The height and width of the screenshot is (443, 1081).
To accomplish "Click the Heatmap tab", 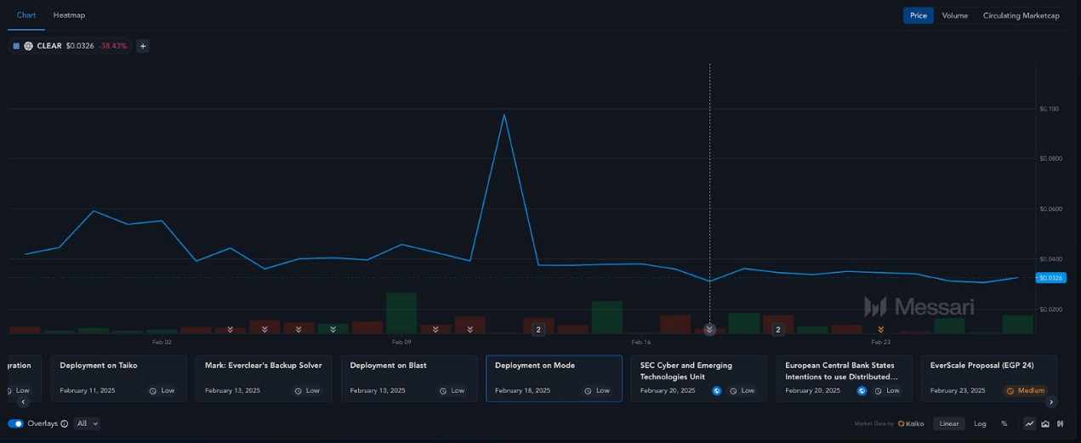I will coord(69,15).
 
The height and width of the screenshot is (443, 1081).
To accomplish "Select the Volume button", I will coord(954,15).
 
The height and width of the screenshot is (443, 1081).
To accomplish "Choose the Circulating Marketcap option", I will coord(1021,15).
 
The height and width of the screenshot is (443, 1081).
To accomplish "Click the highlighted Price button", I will coord(918,15).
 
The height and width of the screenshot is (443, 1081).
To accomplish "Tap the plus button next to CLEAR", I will coord(143,46).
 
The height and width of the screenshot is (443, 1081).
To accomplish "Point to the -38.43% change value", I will coord(112,46).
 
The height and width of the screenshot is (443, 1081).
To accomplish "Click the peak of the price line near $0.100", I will coord(504,114).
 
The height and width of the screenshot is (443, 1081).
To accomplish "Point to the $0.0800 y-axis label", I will coord(1050,158).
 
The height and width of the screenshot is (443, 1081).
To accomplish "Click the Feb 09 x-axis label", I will coord(401,342).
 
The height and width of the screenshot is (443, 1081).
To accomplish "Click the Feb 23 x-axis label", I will coord(880,342).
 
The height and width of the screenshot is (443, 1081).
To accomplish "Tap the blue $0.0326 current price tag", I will coord(1051,278).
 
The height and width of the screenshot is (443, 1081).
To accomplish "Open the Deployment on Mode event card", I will coord(554,378).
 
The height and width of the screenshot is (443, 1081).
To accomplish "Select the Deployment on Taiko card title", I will coord(99,366).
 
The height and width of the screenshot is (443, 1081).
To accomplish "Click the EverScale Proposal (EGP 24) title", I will coord(981,366).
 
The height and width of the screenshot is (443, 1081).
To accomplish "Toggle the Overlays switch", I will coord(15,423).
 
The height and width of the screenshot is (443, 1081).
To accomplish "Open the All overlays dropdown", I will coord(88,423).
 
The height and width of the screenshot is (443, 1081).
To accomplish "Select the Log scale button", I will coord(980,423).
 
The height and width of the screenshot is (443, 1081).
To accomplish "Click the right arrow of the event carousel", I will coord(1051,401).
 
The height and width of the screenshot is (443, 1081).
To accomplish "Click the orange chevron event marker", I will coord(880,330).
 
